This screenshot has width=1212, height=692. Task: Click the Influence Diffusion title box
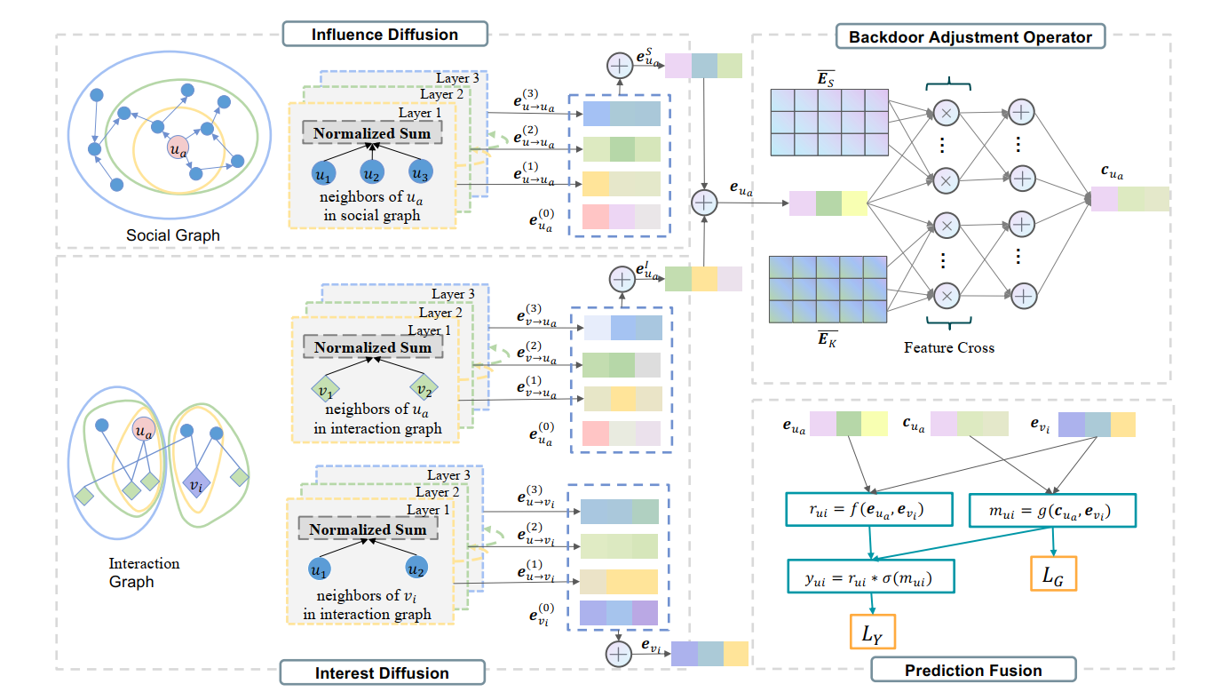(384, 35)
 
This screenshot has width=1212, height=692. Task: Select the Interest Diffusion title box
(383, 672)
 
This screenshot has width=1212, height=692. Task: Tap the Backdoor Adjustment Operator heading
(970, 36)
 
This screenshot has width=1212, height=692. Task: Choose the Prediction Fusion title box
(973, 671)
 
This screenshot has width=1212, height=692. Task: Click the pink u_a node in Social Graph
(178, 148)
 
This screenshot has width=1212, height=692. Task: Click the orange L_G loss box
(1054, 576)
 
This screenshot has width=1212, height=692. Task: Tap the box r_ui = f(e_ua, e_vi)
(867, 509)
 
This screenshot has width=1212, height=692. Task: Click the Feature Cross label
(948, 347)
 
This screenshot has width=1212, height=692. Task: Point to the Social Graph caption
(173, 235)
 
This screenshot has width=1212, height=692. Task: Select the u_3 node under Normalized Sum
(420, 172)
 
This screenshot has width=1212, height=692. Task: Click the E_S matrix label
(828, 79)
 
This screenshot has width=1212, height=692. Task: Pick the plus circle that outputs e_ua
(703, 203)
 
